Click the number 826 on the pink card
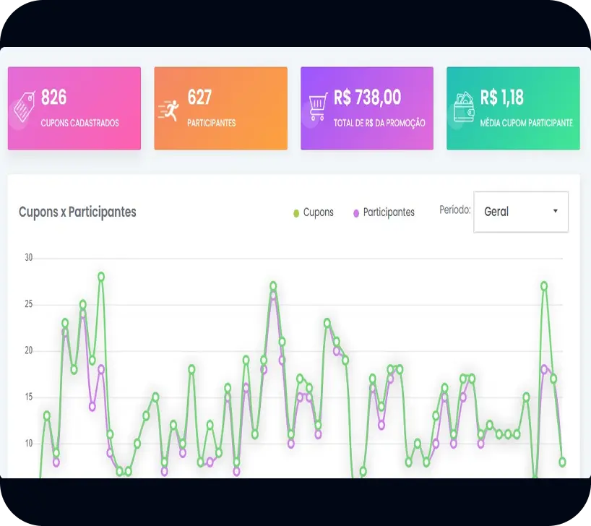[54, 98]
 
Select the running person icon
[168, 110]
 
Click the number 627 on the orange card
[199, 98]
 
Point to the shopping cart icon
[318, 108]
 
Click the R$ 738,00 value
[367, 98]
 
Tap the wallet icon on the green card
[463, 108]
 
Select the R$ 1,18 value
[502, 98]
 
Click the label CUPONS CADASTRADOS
[79, 123]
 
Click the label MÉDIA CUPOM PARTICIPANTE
[527, 123]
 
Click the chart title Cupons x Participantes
[77, 212]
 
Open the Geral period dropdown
[520, 212]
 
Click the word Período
[455, 210]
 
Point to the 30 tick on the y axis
[29, 258]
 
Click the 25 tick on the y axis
[29, 304]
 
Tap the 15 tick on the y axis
[29, 397]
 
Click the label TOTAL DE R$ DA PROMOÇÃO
[379, 123]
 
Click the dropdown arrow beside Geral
[555, 211]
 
